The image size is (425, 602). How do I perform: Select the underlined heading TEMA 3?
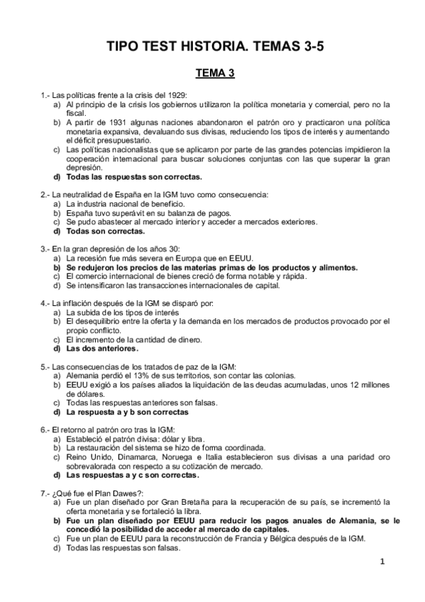click(x=215, y=72)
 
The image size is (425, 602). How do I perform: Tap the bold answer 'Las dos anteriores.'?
click(x=102, y=349)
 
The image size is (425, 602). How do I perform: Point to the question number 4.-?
click(x=44, y=303)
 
